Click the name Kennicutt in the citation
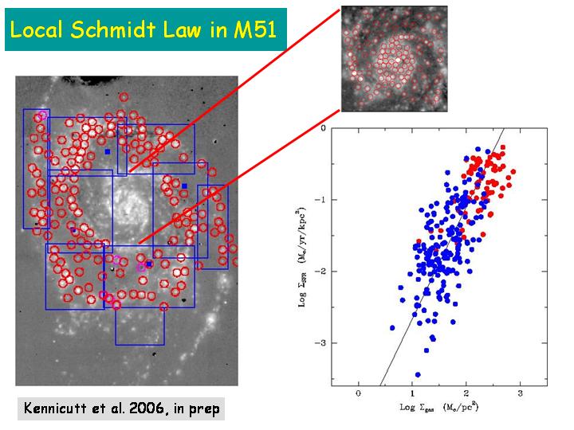pyautogui.click(x=57, y=409)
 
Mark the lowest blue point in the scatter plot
pyautogui.click(x=418, y=374)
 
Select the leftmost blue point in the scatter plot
pyautogui.click(x=392, y=327)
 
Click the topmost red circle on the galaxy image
pyautogui.click(x=124, y=97)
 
